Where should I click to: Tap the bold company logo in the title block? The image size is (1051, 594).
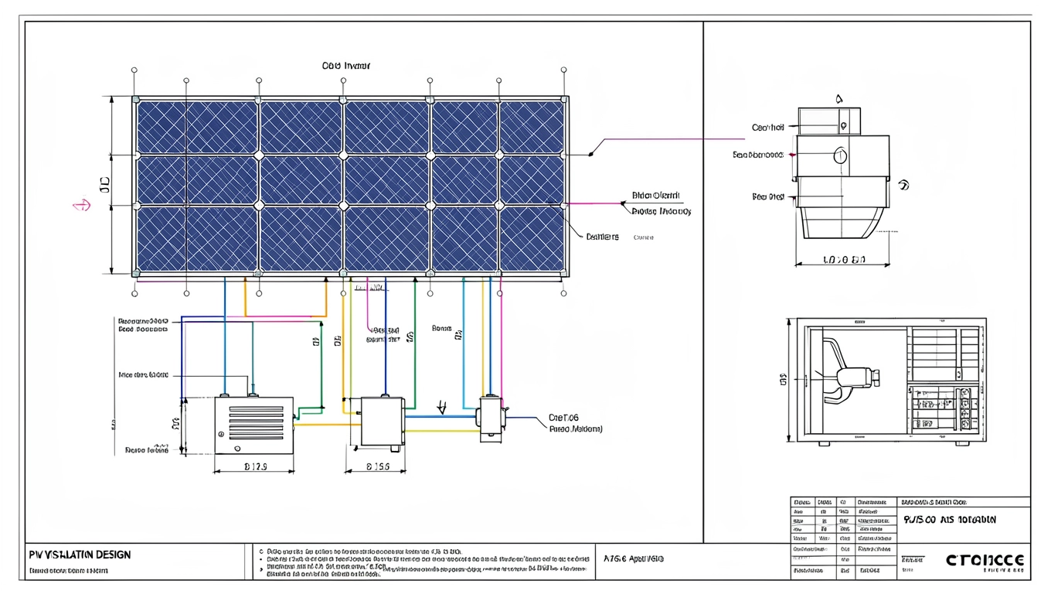pos(985,559)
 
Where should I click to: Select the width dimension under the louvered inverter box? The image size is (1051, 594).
pos(255,466)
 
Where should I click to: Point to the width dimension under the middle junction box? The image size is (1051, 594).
pos(376,466)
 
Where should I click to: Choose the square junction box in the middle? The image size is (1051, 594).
pos(383,422)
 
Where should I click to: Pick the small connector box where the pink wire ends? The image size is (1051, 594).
pos(491,418)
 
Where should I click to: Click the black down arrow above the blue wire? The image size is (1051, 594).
pos(442,407)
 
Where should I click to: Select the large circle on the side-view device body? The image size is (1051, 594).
pos(840,156)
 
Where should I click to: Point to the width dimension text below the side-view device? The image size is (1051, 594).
pos(844,260)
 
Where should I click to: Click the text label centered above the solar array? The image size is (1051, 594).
pos(345,66)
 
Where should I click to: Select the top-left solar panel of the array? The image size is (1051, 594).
pos(197,127)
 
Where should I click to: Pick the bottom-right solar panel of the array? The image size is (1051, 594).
pos(532,238)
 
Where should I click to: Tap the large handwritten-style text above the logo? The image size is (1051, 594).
pos(949,520)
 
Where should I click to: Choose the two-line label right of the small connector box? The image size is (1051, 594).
pos(575,422)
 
